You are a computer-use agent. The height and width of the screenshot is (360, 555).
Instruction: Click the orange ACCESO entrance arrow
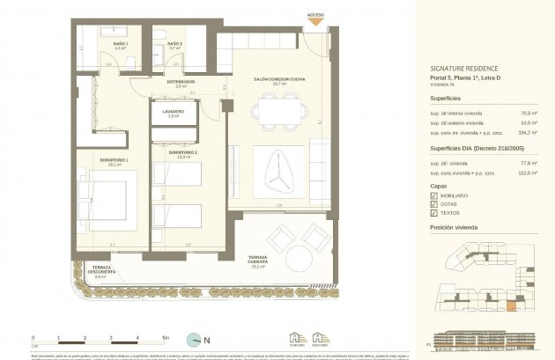point(314,22)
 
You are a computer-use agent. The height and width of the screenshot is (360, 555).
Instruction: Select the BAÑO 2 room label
point(174,44)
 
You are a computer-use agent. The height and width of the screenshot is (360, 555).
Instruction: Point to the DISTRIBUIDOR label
point(181,83)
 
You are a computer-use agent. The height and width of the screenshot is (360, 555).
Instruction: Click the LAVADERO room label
point(173,113)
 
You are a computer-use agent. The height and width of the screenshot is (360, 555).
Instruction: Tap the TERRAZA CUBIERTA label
point(258,260)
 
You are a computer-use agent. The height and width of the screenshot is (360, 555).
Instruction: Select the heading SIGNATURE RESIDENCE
point(465,68)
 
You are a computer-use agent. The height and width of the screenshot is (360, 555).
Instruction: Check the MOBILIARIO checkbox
point(433,194)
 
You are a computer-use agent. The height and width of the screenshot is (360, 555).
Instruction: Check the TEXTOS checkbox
point(433,213)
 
